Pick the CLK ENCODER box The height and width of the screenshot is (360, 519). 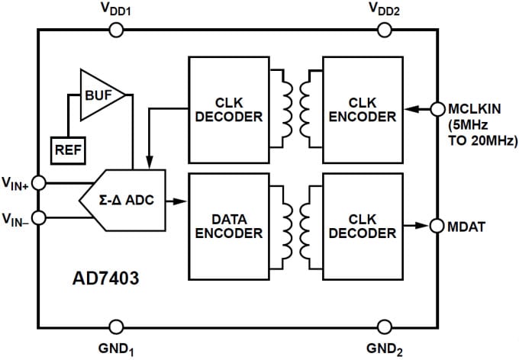tap(362, 109)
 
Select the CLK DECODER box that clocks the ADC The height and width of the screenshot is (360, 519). tap(228, 109)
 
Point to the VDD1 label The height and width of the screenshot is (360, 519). tap(114, 10)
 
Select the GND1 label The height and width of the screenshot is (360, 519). tap(113, 349)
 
